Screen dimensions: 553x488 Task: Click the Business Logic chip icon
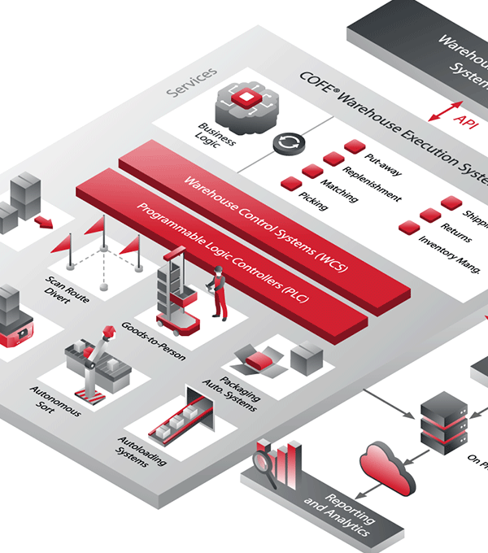pyautogui.click(x=242, y=103)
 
